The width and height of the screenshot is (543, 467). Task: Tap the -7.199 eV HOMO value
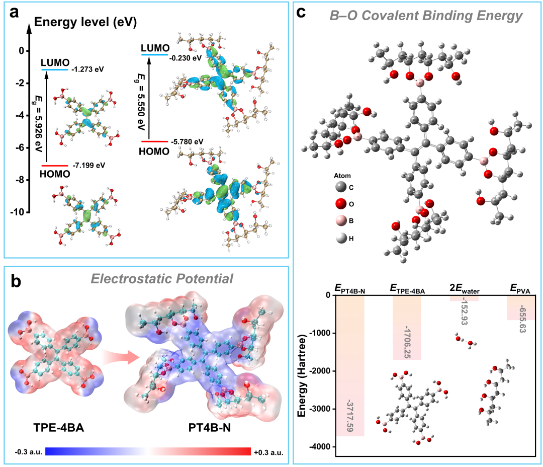click(89, 165)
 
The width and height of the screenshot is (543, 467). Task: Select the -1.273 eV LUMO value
click(90, 69)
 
